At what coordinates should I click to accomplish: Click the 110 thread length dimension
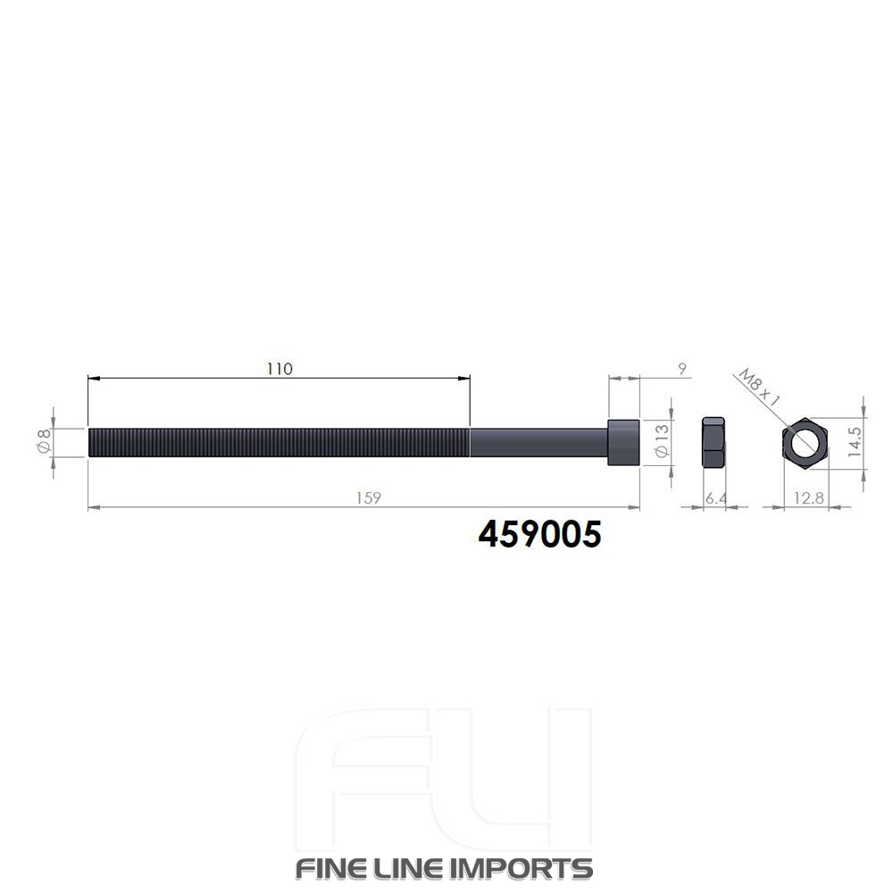pyautogui.click(x=280, y=369)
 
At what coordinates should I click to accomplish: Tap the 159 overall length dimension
pyautogui.click(x=369, y=497)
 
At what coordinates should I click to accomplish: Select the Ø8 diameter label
pyautogui.click(x=44, y=441)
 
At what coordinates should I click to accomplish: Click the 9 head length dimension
pyautogui.click(x=682, y=369)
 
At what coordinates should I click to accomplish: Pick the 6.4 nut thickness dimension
pyautogui.click(x=716, y=498)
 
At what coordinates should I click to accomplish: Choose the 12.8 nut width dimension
pyautogui.click(x=809, y=498)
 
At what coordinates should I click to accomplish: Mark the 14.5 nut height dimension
pyautogui.click(x=855, y=441)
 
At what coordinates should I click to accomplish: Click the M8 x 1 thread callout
pyautogui.click(x=758, y=388)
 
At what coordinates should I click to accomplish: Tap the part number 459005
pyautogui.click(x=540, y=534)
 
